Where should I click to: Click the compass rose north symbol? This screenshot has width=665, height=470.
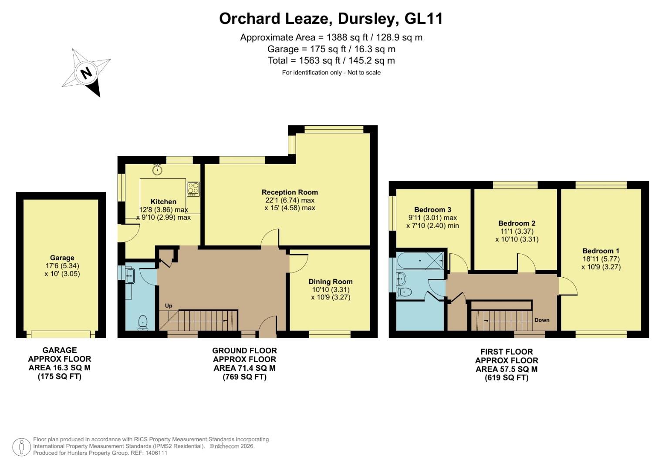[x=87, y=72]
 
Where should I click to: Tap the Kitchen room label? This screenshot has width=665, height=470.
[x=163, y=201]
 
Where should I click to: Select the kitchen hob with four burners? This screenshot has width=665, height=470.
[x=193, y=188]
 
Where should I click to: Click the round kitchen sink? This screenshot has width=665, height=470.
[x=157, y=170]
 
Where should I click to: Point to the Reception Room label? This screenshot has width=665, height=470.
[x=290, y=192]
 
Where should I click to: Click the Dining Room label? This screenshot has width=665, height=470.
[x=331, y=282]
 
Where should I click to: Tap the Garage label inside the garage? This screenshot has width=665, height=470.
[x=62, y=258]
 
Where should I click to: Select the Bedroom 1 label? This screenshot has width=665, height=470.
[x=601, y=251]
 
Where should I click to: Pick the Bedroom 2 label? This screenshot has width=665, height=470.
[x=516, y=223]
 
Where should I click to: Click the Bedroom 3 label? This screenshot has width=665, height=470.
[x=432, y=209]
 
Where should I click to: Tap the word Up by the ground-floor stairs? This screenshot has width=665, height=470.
[x=169, y=305]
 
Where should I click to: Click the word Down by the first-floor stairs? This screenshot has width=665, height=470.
[x=542, y=320]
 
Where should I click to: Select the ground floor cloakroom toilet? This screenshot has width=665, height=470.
[x=143, y=322]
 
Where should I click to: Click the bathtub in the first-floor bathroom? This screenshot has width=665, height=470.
[x=420, y=261]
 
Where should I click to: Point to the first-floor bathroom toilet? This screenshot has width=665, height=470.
[x=404, y=292]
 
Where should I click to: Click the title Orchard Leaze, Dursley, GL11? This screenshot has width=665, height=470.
[x=331, y=19]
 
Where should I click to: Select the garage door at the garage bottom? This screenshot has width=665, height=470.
[x=61, y=334]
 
